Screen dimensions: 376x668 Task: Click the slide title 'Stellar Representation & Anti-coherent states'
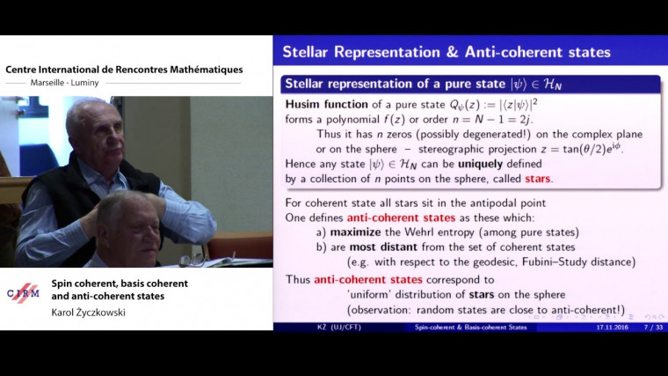[446, 52]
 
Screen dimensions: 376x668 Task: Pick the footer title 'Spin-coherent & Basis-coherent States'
[471, 327]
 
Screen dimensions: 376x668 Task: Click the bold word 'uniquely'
[503, 164]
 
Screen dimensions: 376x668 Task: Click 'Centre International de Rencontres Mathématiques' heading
[123, 70]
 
